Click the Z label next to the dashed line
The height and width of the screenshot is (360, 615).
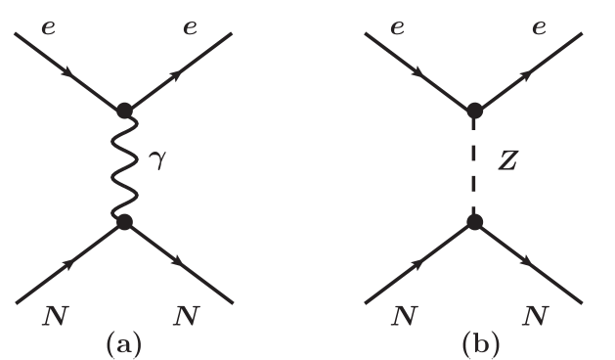pyautogui.click(x=506, y=159)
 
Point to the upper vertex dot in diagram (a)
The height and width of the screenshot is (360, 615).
pyautogui.click(x=124, y=110)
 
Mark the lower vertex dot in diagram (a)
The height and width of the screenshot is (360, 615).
pyautogui.click(x=124, y=222)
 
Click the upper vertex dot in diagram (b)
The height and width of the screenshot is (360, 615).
pyautogui.click(x=473, y=110)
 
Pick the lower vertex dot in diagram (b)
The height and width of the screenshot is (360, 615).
pyautogui.click(x=473, y=222)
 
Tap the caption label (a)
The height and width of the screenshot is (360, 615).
pyautogui.click(x=124, y=343)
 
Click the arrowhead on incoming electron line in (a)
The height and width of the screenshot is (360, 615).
pyautogui.click(x=68, y=71)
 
